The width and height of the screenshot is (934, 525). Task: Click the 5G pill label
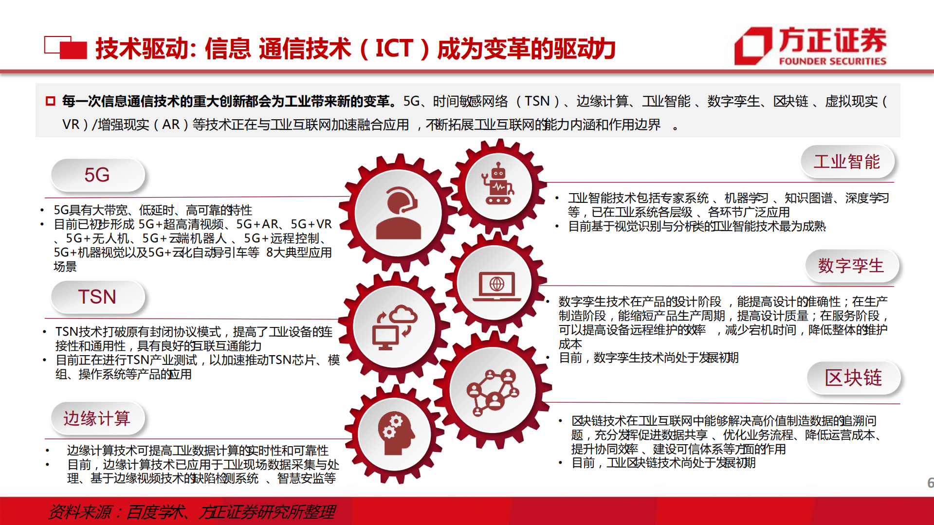pos(97,175)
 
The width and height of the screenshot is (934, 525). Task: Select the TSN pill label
pos(97,297)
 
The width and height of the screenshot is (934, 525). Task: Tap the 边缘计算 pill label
pos(97,418)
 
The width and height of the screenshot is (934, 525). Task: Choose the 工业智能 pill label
pos(847,162)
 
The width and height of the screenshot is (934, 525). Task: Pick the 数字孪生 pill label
pos(851,266)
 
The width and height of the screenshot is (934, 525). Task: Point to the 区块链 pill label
pos(853,378)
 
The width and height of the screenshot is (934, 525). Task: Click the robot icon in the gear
pos(498,185)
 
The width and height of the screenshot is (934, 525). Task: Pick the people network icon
pos(493,391)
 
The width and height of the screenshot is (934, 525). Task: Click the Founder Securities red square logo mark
pos(752,46)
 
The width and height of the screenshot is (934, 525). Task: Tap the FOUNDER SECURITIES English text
pos(832,61)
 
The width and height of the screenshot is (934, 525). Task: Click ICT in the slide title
pos(394,48)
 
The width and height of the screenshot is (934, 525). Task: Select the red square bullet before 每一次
pos(50,101)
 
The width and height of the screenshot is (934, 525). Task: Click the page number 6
pos(930,483)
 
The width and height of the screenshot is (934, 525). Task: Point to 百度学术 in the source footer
pos(155,512)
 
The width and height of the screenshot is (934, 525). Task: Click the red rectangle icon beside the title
pos(66,48)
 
